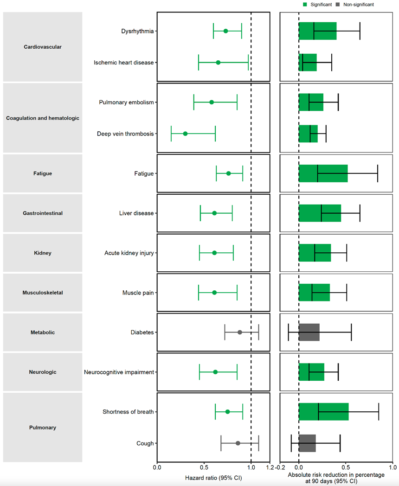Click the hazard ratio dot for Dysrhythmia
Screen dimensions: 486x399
pos(225,31)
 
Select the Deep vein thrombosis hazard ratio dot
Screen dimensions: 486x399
pos(185,134)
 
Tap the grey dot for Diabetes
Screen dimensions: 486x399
pos(240,332)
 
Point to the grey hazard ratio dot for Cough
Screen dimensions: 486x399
pos(238,443)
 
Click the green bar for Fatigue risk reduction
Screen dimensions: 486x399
pos(323,173)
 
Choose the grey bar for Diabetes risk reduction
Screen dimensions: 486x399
pos(309,332)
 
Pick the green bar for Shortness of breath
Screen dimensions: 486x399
pos(323,412)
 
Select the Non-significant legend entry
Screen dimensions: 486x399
pos(355,5)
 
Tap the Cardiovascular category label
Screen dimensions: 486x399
pos(43,47)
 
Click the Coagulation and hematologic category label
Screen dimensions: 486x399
pos(43,118)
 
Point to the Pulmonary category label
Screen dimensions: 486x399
pos(43,428)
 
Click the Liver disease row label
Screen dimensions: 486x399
pos(136,213)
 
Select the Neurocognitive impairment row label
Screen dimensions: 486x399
pos(119,372)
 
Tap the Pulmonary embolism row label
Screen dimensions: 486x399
pos(126,102)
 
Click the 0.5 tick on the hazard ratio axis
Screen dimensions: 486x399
pos(204,467)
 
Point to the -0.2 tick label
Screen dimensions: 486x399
pos(280,467)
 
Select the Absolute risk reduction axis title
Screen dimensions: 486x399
pos(336,478)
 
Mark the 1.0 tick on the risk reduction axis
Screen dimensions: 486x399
pos(392,467)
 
